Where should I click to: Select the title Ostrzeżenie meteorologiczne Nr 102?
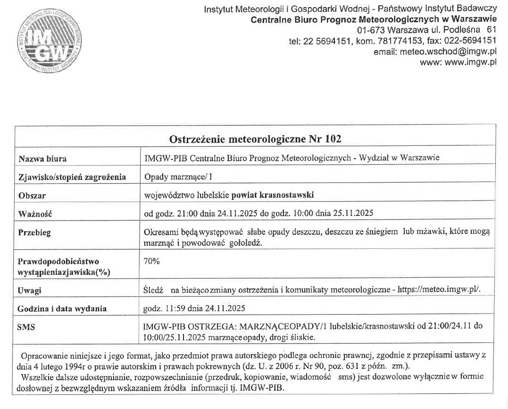pyautogui.click(x=255, y=139)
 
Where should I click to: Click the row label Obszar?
pyautogui.click(x=32, y=195)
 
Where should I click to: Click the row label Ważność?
pyautogui.click(x=34, y=213)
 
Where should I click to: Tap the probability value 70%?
pyautogui.click(x=152, y=261)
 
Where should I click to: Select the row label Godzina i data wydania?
pyautogui.click(x=62, y=308)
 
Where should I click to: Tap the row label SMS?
pyautogui.click(x=26, y=326)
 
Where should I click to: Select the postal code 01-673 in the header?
pyautogui.click(x=371, y=31)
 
